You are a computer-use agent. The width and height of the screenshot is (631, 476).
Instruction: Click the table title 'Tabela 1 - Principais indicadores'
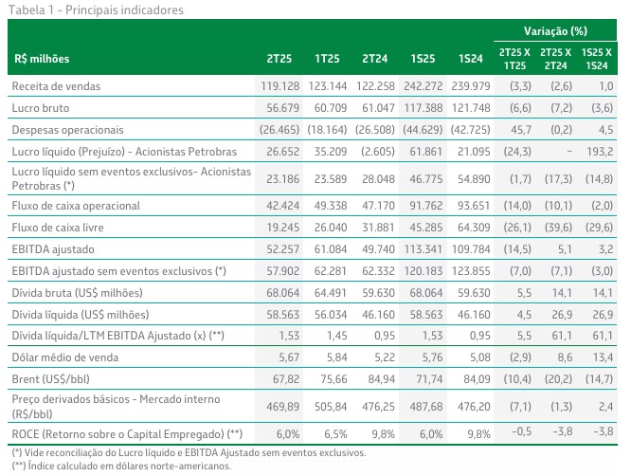coord(96,10)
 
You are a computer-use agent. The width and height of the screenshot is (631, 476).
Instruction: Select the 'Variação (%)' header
coord(555,31)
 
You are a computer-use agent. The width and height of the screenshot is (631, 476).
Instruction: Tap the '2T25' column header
coord(279,59)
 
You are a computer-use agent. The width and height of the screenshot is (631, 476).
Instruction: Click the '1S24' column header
coord(471,59)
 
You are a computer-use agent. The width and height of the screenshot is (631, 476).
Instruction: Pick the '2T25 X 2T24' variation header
coord(555,59)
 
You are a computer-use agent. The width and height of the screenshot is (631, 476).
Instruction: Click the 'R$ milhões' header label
coord(42,59)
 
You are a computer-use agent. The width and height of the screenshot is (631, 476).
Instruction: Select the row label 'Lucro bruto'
coord(41,108)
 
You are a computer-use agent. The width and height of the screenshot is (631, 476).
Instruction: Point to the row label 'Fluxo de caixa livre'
coord(58,228)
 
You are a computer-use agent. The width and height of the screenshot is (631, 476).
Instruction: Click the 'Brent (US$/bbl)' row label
coord(51,379)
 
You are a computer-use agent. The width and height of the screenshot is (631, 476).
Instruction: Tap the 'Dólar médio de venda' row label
coord(65,357)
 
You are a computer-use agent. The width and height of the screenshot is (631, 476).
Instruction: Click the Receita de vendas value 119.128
coord(279,86)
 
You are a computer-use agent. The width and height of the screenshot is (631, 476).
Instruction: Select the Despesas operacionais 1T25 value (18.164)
coord(327,130)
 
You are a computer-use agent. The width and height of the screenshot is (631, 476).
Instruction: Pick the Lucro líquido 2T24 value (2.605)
coord(374,152)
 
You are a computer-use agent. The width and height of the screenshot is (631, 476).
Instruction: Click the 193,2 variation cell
coord(600,152)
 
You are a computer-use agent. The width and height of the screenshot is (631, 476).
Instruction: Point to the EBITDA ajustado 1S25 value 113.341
coord(423,249)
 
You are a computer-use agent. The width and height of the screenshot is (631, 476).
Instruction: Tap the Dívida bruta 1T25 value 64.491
coord(331,293)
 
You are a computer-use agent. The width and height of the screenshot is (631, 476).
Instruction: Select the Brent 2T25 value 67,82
coord(286,379)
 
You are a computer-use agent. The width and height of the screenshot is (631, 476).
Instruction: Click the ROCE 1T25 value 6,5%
coord(335,434)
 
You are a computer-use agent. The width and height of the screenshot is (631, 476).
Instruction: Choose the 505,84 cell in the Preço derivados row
coord(331,407)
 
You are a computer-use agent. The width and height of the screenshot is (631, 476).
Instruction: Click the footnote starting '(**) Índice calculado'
coord(121,466)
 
